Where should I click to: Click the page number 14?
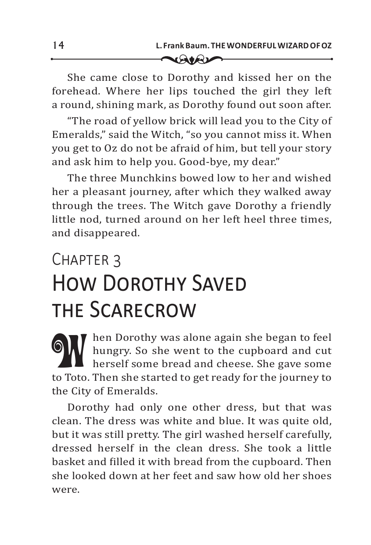point(58,45)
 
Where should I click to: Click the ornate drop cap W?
point(70,350)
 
